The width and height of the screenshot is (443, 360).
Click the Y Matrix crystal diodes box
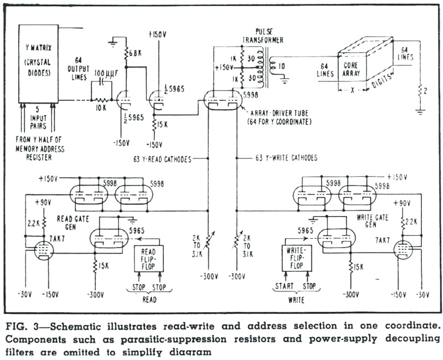coord(39,63)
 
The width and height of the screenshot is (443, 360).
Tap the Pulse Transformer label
coord(262,35)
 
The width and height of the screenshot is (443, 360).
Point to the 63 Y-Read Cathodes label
coord(162,158)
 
